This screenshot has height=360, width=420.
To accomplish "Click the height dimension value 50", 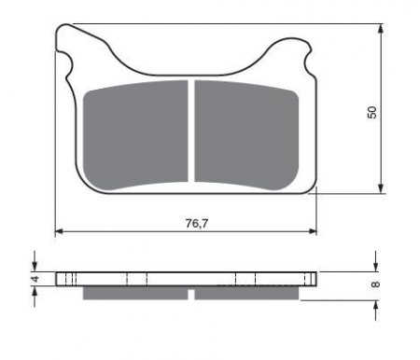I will pos(372,111).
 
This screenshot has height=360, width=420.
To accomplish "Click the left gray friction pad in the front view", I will pos(137,132).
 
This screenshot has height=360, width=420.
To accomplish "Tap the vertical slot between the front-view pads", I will pos(191,131).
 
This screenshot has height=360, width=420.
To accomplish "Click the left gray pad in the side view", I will pos(136,293).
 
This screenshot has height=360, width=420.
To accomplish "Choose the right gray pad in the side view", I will pos(246,293).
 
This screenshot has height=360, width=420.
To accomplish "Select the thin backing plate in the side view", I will pos(187,278).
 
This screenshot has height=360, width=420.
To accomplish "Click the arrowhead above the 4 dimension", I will pos(35,266).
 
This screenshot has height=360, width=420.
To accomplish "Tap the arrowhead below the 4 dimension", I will pos(35,290).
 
